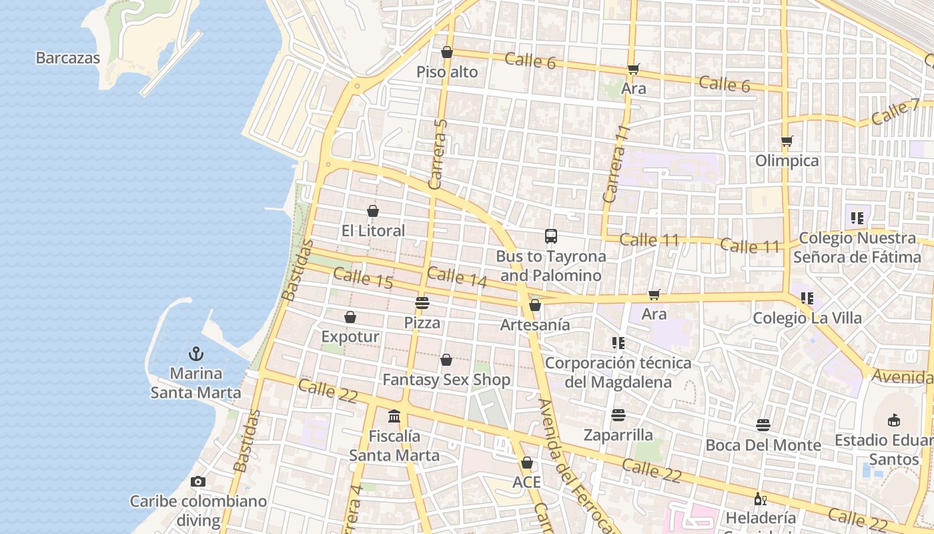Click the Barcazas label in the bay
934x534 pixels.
(x=68, y=58)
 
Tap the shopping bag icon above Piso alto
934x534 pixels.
(x=447, y=53)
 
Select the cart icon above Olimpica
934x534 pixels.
(x=787, y=142)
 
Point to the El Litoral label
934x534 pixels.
(x=373, y=231)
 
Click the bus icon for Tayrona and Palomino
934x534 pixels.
(x=551, y=236)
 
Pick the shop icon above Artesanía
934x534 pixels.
(x=535, y=306)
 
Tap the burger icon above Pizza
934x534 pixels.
(x=422, y=303)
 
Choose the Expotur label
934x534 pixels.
(x=350, y=336)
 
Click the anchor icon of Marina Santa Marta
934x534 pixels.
(x=196, y=354)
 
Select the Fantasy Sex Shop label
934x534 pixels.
(x=446, y=380)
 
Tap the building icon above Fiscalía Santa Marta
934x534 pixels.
(x=394, y=417)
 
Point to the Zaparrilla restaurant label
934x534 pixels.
(x=618, y=435)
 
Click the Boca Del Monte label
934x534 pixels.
(x=763, y=445)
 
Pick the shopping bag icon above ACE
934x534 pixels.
(x=527, y=463)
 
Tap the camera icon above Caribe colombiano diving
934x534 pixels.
(x=198, y=481)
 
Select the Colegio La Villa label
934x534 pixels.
(x=807, y=318)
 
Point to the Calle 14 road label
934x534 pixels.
(x=457, y=277)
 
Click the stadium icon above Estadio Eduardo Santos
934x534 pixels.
(x=893, y=421)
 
